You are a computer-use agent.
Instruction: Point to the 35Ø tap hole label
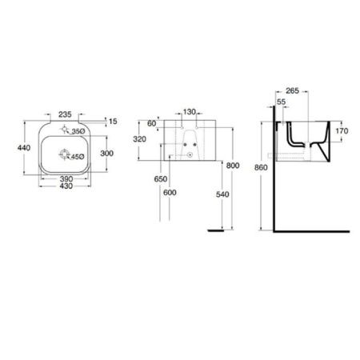pos(78,131)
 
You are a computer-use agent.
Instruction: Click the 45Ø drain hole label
pos(78,157)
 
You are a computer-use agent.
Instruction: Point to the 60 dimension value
pos(152,124)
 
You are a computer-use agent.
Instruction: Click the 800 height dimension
pos(232,166)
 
